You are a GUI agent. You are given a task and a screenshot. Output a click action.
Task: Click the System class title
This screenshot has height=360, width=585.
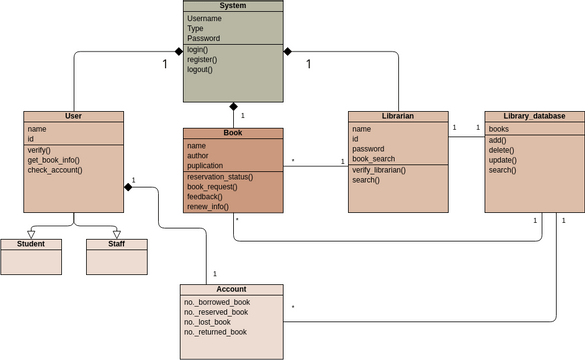click(233, 6)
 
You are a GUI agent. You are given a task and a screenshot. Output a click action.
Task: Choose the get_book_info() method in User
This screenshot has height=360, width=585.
click(53, 160)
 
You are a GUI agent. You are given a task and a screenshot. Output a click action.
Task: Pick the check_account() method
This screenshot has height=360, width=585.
click(55, 170)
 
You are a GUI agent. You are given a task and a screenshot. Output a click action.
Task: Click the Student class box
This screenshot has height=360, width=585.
click(30, 243)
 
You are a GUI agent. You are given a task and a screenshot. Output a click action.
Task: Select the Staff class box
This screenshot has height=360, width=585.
click(116, 243)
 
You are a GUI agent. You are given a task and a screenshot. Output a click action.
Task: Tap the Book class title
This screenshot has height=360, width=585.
click(233, 133)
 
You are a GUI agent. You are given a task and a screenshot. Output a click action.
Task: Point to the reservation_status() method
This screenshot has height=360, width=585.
click(220, 177)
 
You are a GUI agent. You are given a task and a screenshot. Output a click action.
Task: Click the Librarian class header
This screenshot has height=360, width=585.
click(398, 116)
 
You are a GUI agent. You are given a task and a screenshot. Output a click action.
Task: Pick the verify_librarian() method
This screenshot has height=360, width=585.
click(380, 170)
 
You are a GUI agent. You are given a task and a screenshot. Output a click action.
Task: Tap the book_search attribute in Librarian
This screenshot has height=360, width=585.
click(375, 159)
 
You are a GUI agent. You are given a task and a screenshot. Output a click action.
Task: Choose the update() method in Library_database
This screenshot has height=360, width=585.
click(503, 160)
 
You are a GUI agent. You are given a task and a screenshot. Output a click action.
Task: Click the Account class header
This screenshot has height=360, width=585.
click(231, 289)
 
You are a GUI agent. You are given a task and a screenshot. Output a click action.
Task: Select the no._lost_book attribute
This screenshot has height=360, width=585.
click(207, 322)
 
